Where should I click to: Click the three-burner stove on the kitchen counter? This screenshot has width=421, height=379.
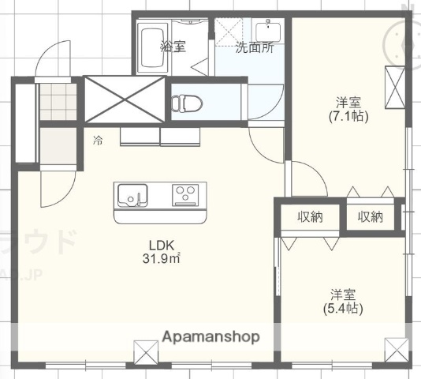[x=187, y=193]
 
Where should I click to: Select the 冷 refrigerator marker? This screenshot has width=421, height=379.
[x=99, y=141]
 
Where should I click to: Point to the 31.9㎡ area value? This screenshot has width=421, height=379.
[x=161, y=258]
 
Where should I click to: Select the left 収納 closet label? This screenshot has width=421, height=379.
[x=310, y=217]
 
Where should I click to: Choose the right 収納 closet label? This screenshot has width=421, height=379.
[x=370, y=217]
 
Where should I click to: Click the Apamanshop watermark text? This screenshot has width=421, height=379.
[x=210, y=336]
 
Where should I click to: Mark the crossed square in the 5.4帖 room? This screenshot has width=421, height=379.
[x=395, y=349]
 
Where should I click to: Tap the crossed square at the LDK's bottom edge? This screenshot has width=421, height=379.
[x=145, y=351]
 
